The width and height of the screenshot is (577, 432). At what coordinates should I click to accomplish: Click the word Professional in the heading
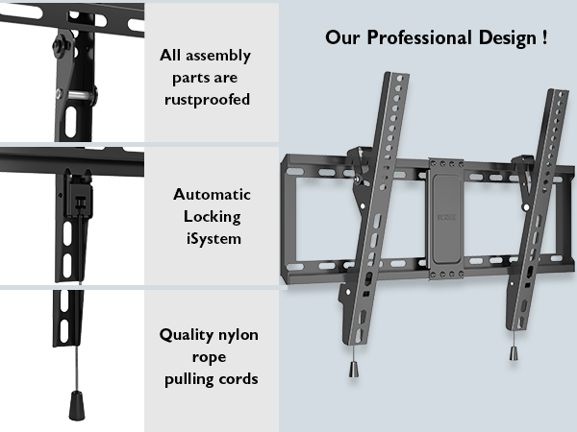(x=419, y=37)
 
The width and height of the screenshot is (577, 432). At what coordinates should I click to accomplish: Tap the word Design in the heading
(x=508, y=38)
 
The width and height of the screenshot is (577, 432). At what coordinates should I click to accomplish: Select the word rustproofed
(x=207, y=100)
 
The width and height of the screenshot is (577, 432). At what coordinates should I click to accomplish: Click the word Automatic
(x=212, y=194)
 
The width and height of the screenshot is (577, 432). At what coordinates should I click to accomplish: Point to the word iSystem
(x=213, y=238)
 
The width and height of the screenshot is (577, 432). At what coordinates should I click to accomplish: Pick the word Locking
(x=213, y=217)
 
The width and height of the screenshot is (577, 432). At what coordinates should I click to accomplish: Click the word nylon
(x=238, y=335)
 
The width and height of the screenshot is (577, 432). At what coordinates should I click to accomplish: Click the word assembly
(x=218, y=56)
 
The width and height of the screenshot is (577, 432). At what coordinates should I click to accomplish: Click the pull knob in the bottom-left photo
(x=77, y=405)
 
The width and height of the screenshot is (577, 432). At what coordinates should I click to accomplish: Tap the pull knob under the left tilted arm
(x=353, y=370)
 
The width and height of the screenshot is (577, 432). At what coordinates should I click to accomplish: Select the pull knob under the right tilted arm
(x=514, y=353)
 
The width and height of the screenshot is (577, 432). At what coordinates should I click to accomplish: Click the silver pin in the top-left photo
(x=77, y=95)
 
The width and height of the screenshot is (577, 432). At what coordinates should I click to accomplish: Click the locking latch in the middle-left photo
(x=79, y=196)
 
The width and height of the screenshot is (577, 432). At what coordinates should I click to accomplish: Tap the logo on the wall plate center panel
(x=447, y=218)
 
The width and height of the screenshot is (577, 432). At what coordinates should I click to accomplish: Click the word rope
(x=209, y=357)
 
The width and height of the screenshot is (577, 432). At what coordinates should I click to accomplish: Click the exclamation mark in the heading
(x=544, y=37)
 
